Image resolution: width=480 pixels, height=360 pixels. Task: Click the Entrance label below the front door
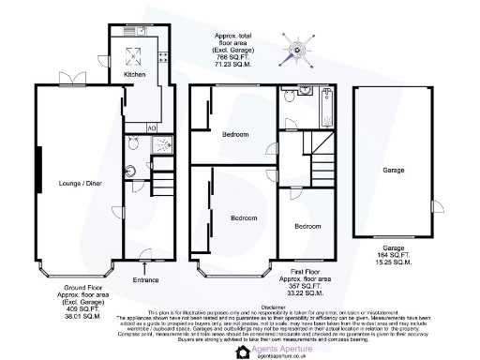click(x=146, y=279)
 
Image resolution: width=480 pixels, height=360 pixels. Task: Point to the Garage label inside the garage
click(x=393, y=172)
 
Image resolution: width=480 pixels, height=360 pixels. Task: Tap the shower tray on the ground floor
click(x=163, y=145)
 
